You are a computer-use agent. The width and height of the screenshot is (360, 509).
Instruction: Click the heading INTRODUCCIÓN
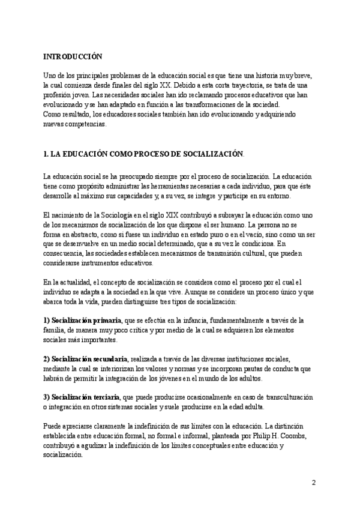tap(73, 57)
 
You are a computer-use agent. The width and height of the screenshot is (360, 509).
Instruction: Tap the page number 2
tap(314, 483)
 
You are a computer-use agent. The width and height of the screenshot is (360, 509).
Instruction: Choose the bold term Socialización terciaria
tap(86, 397)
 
